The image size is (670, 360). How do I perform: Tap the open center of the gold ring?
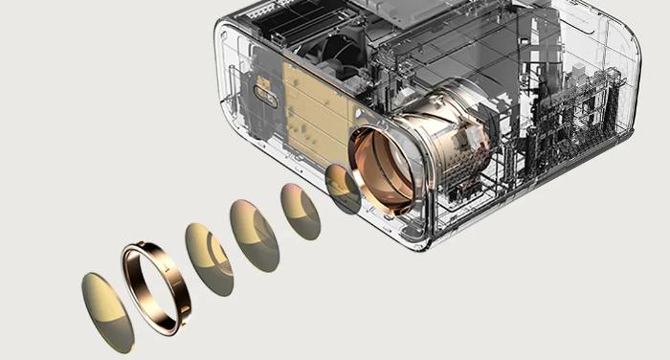(x=153, y=285)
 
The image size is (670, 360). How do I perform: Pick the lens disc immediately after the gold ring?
(x=209, y=259)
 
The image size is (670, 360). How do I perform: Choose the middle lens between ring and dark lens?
(x=254, y=236)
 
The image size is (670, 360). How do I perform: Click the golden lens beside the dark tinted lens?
(x=301, y=212)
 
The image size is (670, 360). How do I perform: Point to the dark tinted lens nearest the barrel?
(x=342, y=188)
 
